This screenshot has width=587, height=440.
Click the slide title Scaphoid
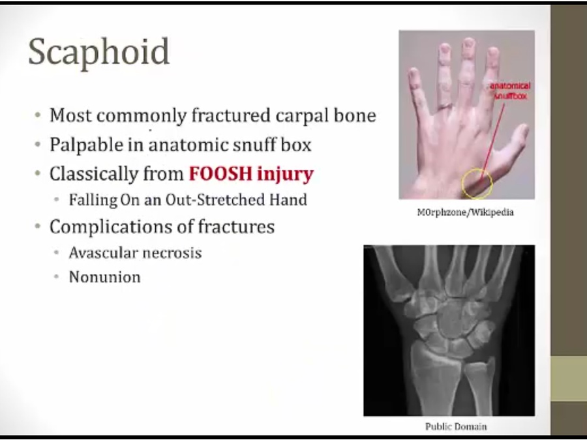99,52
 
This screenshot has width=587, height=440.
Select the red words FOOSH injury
251,174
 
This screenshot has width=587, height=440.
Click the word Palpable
86,145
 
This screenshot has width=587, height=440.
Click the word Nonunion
105,277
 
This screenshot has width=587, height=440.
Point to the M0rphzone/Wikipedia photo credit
465,213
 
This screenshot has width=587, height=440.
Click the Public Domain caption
456,426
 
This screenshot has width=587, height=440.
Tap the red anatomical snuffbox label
510,91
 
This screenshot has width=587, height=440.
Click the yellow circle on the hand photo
462,183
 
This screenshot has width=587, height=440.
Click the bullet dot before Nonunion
57,277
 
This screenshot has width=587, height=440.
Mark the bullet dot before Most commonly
37,115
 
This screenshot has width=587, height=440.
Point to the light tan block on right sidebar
569,379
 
